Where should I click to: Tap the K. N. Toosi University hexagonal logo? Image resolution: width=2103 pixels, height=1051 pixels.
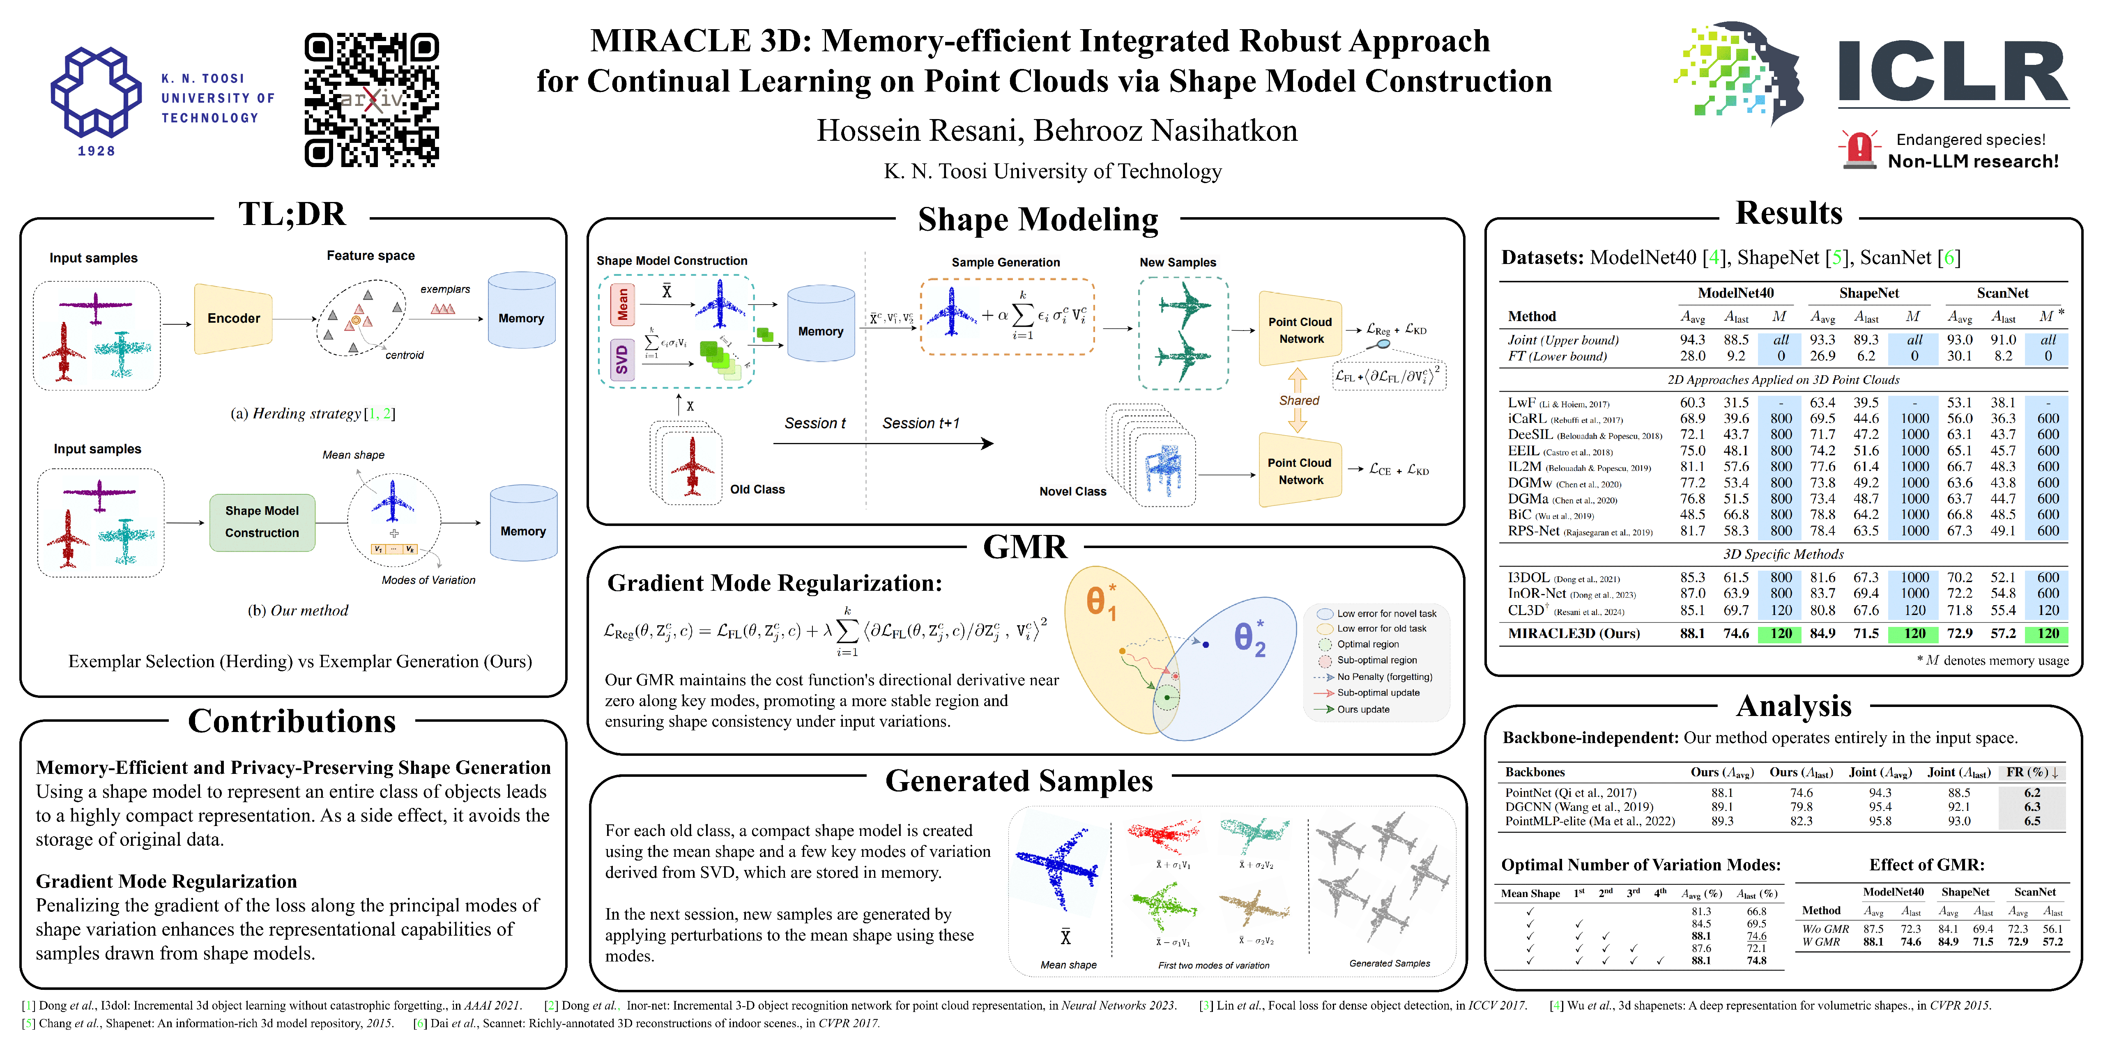click(97, 92)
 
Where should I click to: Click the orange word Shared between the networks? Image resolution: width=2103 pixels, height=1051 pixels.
click(1299, 401)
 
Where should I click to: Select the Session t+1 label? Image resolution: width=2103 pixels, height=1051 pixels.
click(921, 424)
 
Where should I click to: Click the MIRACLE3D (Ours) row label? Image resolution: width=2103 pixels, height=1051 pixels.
click(1573, 634)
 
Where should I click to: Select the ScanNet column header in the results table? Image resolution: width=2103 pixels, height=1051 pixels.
click(2002, 293)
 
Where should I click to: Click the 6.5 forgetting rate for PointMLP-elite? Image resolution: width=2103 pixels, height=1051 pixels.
click(2032, 822)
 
